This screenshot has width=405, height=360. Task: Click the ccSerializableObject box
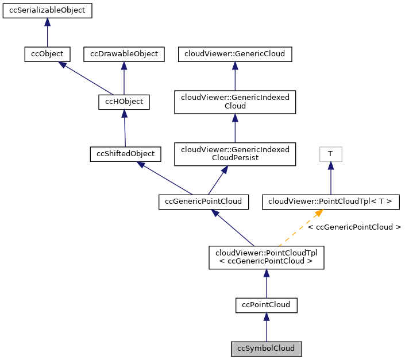[48, 10]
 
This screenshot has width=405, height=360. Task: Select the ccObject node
[47, 54]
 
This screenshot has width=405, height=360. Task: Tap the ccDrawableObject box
[124, 54]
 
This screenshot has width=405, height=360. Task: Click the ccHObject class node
[124, 102]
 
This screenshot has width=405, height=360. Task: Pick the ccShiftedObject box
[126, 154]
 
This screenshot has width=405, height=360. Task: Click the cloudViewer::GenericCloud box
[235, 54]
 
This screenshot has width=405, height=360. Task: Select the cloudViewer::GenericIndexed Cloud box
[235, 102]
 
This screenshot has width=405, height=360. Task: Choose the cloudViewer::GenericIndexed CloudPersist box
[235, 154]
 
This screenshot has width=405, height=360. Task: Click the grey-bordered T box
[330, 154]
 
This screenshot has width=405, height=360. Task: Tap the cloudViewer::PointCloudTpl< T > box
[330, 202]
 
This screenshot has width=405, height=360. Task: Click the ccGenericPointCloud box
[203, 202]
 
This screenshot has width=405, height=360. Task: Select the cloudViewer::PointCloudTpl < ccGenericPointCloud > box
[266, 256]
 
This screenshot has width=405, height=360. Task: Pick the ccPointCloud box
[266, 305]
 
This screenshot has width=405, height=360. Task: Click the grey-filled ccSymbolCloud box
[266, 348]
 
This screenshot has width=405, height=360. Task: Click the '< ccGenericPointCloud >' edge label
[354, 227]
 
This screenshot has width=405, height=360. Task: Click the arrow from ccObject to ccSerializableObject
[47, 32]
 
